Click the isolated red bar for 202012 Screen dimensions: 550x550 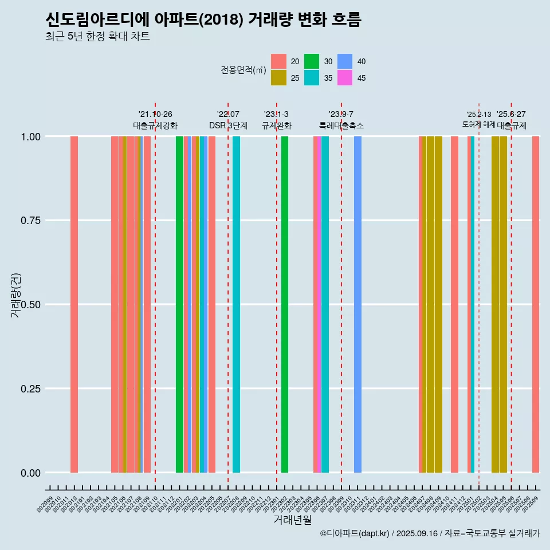click(74, 304)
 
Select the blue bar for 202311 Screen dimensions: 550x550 click(357, 304)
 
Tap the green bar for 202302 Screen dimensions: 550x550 click(285, 304)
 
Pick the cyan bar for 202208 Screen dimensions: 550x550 click(236, 304)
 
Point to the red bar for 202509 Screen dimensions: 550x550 click(536, 304)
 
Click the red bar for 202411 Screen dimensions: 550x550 click(454, 304)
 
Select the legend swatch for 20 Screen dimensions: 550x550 click(278, 61)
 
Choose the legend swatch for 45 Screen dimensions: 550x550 click(345, 78)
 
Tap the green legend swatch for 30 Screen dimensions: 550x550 click(312, 61)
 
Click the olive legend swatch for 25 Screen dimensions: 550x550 click(278, 78)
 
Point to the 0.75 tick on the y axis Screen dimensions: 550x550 click(32, 221)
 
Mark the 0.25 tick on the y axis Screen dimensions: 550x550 click(32, 388)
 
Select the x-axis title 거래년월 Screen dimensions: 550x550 click(292, 520)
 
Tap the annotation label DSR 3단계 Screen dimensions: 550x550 click(228, 125)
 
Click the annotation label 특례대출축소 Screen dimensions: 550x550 click(341, 125)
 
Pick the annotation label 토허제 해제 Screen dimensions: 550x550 click(478, 124)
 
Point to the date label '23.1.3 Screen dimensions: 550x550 click(276, 114)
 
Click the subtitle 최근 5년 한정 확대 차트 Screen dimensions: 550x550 click(97, 37)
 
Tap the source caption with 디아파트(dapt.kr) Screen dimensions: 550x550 click(430, 533)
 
